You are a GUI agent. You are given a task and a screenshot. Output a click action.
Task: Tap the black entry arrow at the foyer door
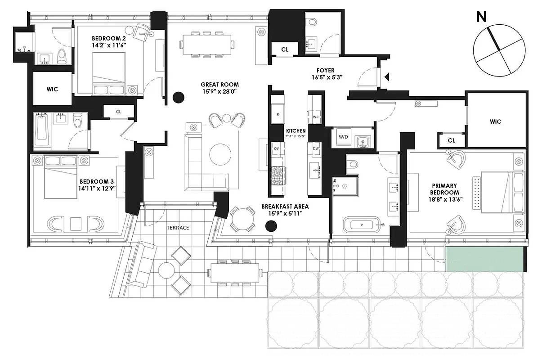coord(387,77)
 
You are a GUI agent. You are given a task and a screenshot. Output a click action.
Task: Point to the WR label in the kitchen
coord(316,117)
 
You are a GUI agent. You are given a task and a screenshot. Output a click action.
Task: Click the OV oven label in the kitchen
coord(277,148)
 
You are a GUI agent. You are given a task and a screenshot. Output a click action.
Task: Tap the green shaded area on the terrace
coord(484,260)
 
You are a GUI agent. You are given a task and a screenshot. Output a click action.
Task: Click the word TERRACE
coord(178,228)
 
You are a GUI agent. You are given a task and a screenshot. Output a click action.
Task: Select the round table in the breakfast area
coord(242,218)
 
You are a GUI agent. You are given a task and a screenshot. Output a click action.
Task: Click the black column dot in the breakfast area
coord(270,226)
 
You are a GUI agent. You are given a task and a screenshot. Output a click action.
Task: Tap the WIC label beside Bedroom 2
coord(52,89)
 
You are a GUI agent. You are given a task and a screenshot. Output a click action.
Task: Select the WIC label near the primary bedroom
coord(495,121)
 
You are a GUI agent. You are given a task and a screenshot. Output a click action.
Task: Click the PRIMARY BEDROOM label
coord(444,189)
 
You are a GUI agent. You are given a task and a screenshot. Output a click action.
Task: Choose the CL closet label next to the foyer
coord(284,49)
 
